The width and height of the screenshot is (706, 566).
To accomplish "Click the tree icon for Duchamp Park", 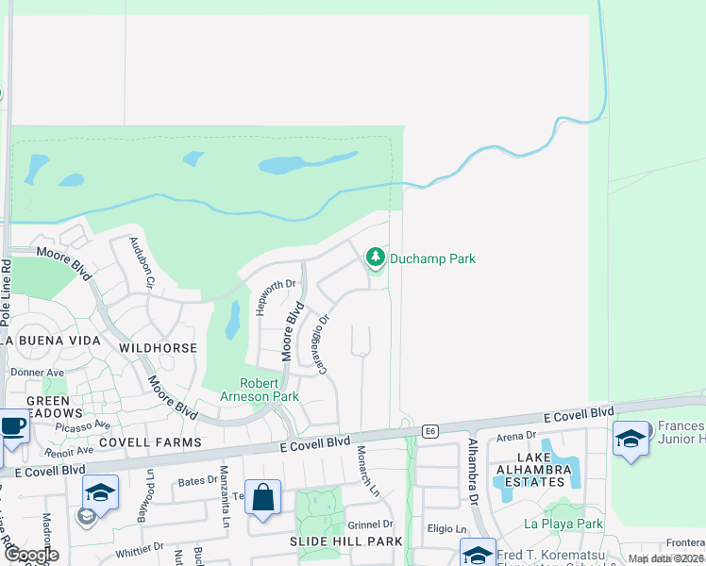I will tap(376, 257).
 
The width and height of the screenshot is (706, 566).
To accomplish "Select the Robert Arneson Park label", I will tap(269, 390).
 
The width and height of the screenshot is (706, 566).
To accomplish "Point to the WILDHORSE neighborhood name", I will tap(159, 348).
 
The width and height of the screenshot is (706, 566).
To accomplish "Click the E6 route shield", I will tap(430, 431).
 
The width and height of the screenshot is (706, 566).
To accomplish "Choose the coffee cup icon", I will tap(12, 426).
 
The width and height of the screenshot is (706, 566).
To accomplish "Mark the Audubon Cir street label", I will tap(142, 260).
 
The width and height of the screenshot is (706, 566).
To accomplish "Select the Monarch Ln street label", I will tap(367, 471).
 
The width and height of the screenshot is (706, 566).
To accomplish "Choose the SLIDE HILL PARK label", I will tap(348, 541).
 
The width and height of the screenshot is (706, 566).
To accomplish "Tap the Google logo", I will tap(30, 555).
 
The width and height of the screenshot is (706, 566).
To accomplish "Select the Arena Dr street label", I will tap(516, 436).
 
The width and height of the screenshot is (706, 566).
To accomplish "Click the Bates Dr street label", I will tap(196, 481).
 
